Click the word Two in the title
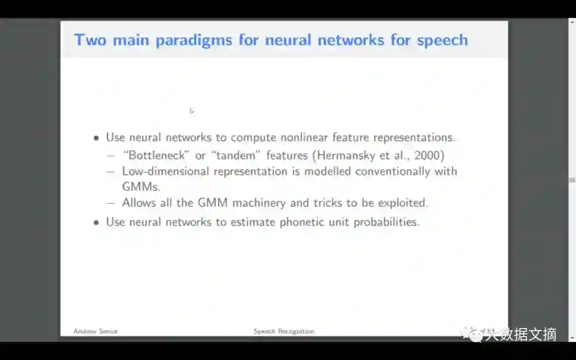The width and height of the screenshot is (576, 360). [90, 40]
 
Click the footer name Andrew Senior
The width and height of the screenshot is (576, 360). [95, 331]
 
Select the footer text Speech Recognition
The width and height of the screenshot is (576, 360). [284, 331]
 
